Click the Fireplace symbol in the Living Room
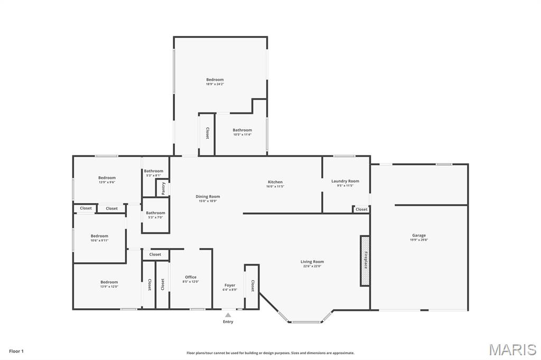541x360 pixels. coord(365,261)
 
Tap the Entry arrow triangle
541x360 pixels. coord(228,315)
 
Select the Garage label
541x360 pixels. coord(418,235)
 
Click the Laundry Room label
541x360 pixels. coord(345,181)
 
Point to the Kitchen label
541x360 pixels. coord(275,182)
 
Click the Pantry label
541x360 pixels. coord(163,187)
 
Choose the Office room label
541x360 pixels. coord(191,277)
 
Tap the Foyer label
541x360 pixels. coord(230,285)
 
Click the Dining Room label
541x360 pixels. coord(208,196)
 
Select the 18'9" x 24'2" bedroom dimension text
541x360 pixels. coord(215,84)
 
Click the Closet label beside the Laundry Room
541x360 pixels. coord(361,210)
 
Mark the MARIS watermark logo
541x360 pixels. coord(512,349)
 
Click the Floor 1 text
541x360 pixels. coord(16,351)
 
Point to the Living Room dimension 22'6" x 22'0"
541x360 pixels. coord(312,266)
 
